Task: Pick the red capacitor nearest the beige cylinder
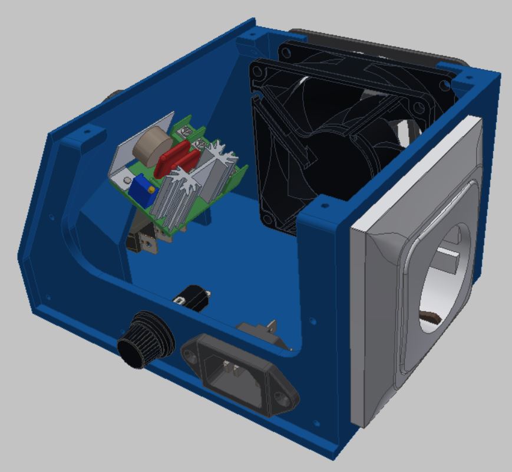(171, 155)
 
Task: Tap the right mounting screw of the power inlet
(287, 399)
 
